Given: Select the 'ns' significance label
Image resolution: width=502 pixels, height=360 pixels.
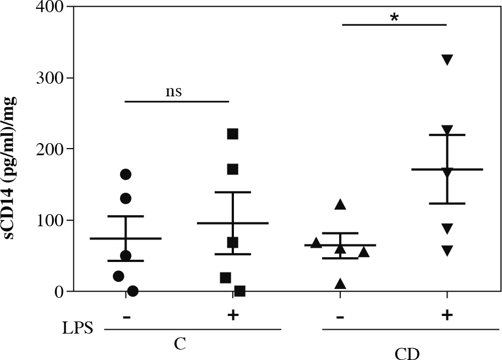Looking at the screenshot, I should pyautogui.click(x=173, y=91).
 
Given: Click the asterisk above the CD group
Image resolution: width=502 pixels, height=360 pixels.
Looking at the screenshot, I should pyautogui.click(x=394, y=18).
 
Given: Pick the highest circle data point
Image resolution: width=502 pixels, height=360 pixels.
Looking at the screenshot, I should pyautogui.click(x=125, y=174).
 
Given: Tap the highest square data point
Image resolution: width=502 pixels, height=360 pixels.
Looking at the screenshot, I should pyautogui.click(x=232, y=134).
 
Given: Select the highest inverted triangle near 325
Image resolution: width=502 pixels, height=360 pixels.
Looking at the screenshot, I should pyautogui.click(x=447, y=60).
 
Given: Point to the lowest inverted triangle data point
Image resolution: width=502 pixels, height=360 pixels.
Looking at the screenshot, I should pyautogui.click(x=447, y=251).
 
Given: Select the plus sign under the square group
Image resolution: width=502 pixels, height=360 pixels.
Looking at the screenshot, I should pyautogui.click(x=232, y=315).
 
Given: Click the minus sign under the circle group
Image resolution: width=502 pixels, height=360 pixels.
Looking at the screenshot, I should pyautogui.click(x=127, y=316).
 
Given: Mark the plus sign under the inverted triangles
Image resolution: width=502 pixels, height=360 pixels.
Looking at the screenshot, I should pyautogui.click(x=447, y=315).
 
